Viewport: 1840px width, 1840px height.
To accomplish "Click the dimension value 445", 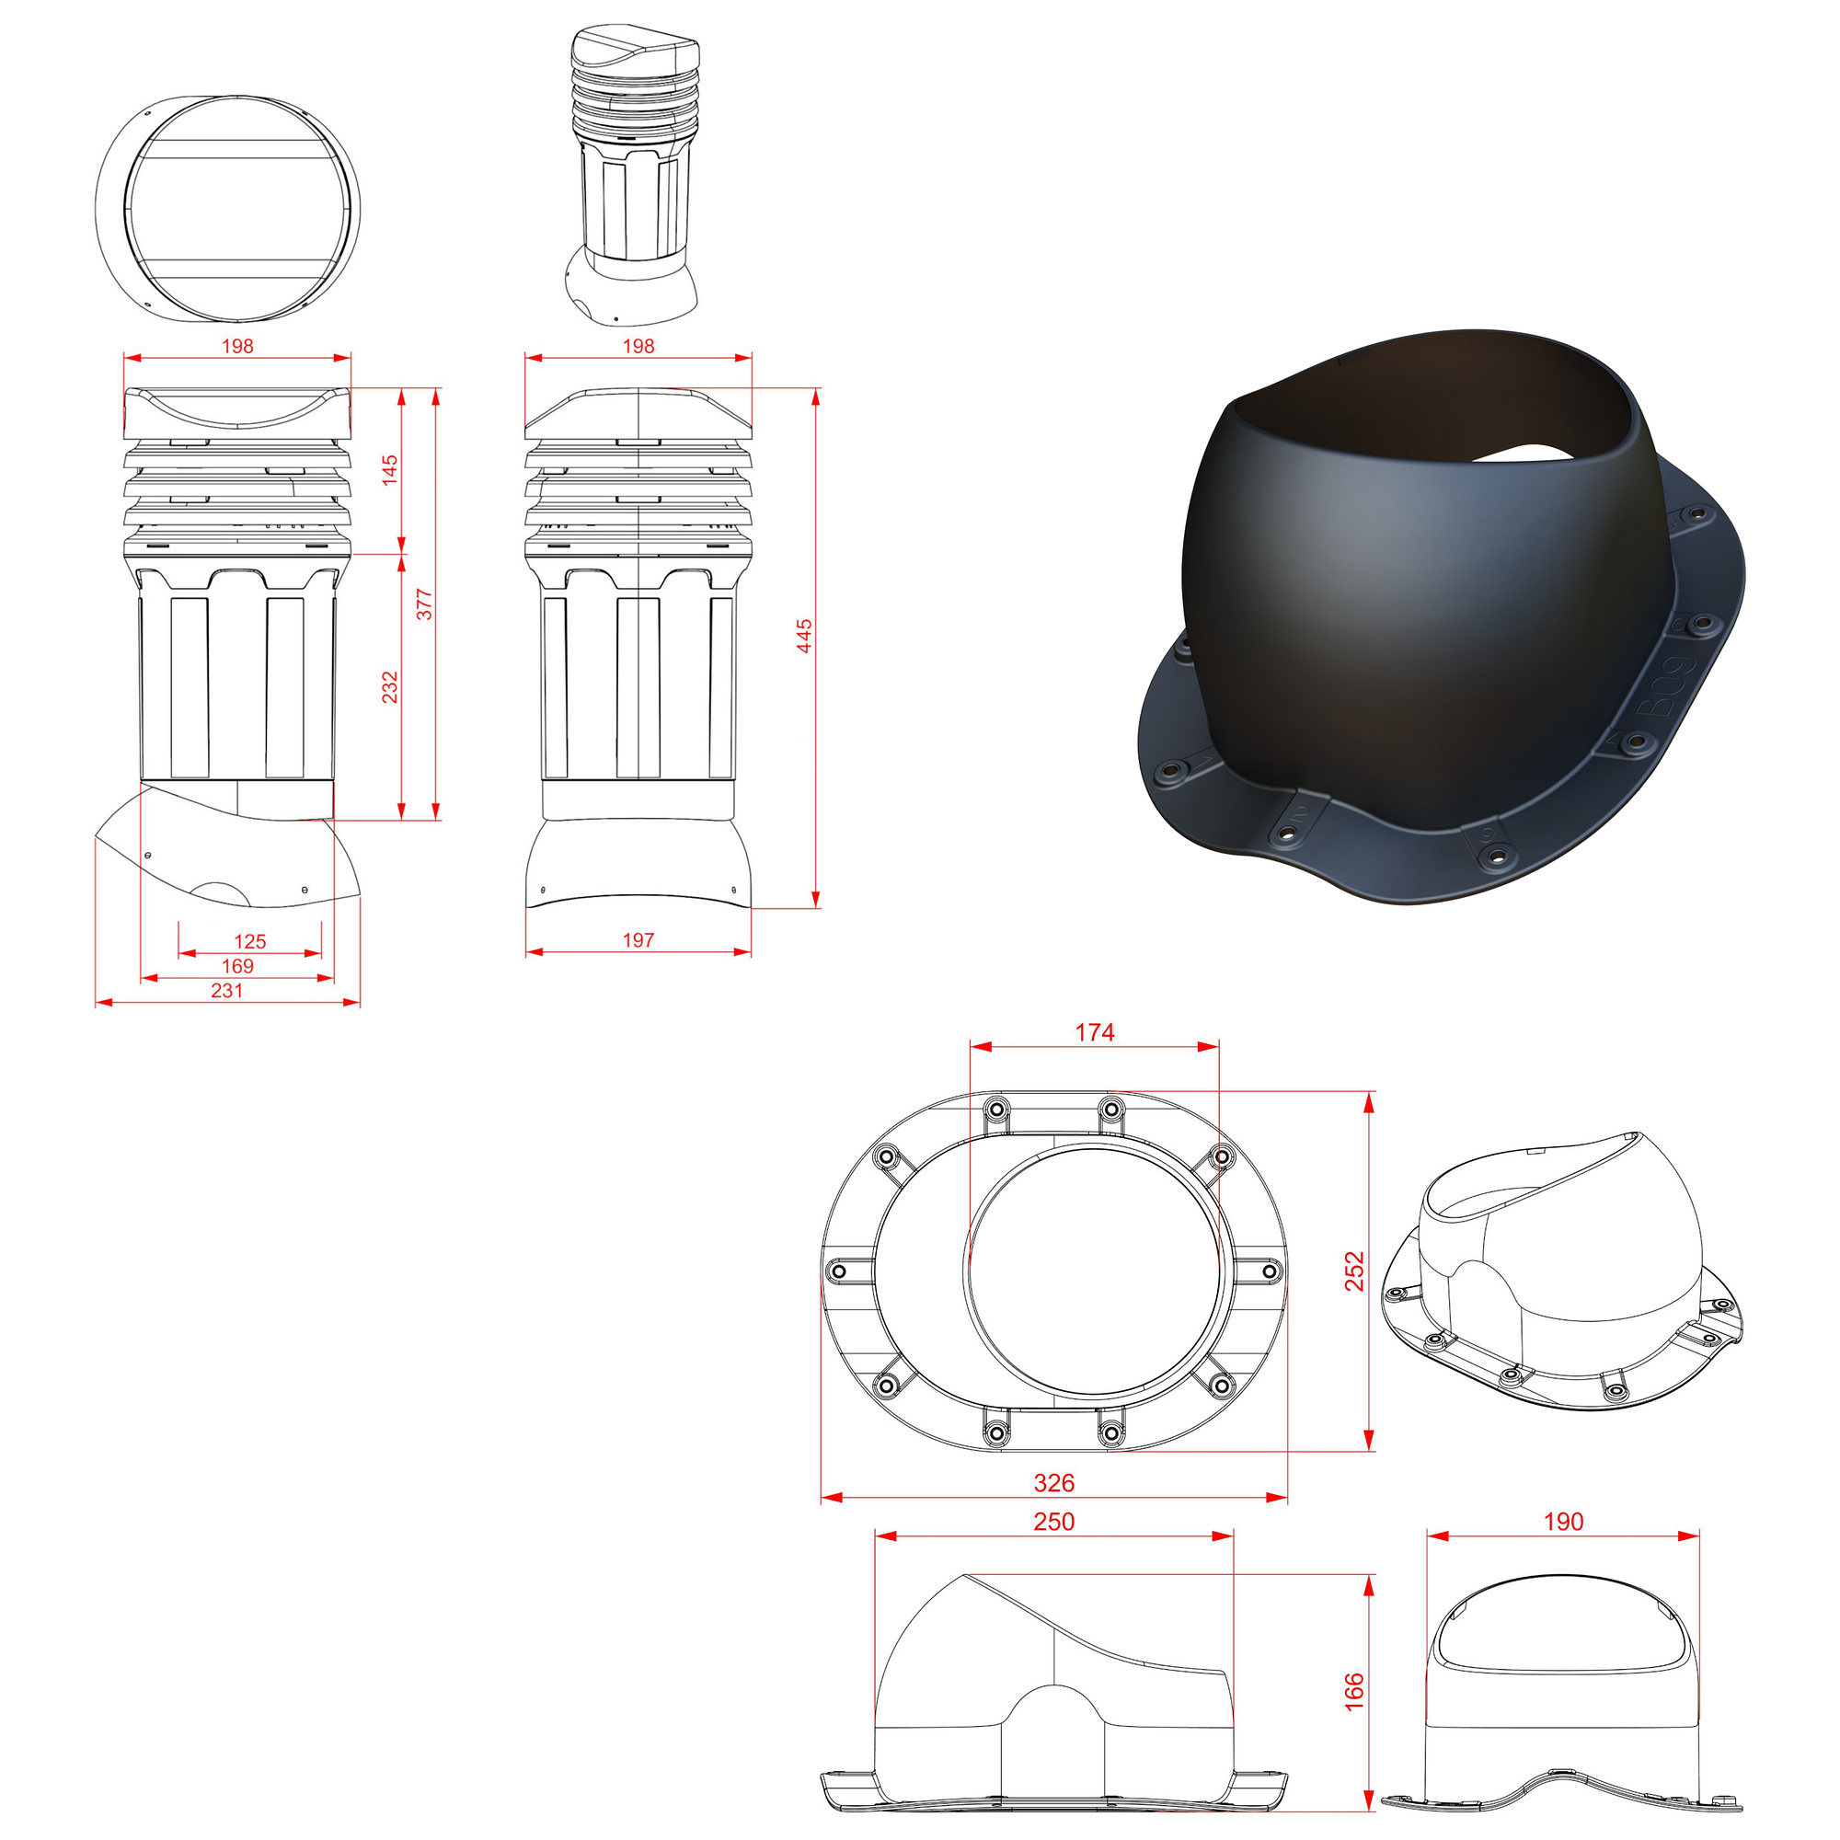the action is point(804,637).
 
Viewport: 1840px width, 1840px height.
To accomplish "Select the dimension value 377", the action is point(424,604).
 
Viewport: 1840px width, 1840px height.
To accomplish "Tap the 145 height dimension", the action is point(389,470).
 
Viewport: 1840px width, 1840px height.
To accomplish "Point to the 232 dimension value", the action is point(389,687).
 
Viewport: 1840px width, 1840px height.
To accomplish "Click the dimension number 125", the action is point(249,942).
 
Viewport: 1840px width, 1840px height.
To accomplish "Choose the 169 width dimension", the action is point(237,966).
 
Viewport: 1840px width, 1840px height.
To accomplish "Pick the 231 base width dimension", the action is point(226,991).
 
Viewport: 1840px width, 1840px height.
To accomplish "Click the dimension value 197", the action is point(638,940).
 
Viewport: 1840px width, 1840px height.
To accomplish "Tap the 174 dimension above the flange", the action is point(1094,1032).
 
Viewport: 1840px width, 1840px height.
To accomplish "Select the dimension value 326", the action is point(1053,1483).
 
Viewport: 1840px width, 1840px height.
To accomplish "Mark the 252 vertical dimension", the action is point(1353,1271).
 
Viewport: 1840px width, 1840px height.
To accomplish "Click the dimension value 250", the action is point(1053,1522).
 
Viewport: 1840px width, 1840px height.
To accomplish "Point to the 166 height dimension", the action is point(1353,1692).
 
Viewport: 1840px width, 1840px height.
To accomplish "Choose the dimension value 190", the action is point(1563,1522).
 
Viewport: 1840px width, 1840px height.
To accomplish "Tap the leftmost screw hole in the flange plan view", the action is point(839,1271).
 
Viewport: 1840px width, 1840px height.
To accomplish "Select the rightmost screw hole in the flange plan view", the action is point(1270,1271).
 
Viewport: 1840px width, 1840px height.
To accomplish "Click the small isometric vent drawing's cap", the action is point(634,60).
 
